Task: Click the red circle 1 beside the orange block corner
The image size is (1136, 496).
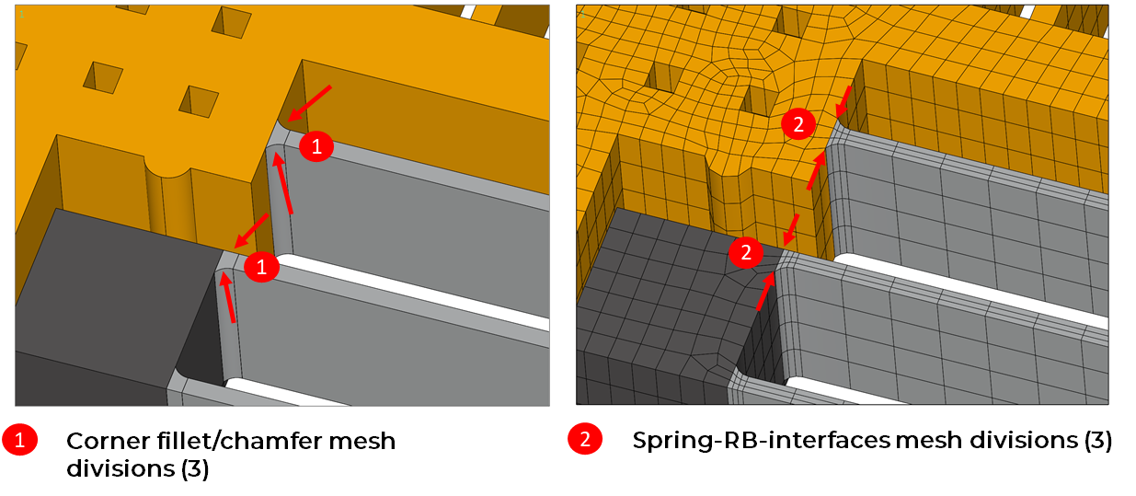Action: [x=316, y=146]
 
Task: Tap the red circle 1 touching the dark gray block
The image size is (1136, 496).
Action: [x=261, y=267]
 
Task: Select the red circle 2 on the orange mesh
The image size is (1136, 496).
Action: [x=798, y=124]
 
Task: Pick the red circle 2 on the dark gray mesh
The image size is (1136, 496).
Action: [x=746, y=252]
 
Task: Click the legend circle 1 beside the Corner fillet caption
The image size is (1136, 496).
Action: [x=20, y=439]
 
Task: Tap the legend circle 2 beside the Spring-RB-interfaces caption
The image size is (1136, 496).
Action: [x=585, y=439]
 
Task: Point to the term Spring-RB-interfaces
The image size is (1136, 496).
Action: [x=762, y=440]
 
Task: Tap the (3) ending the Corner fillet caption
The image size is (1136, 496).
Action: [x=195, y=468]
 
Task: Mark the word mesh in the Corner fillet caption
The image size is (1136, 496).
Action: [x=362, y=441]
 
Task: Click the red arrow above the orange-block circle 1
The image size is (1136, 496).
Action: [x=309, y=103]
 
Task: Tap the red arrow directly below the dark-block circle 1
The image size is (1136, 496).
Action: [x=226, y=297]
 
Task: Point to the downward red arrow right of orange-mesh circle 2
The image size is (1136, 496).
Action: [x=843, y=101]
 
